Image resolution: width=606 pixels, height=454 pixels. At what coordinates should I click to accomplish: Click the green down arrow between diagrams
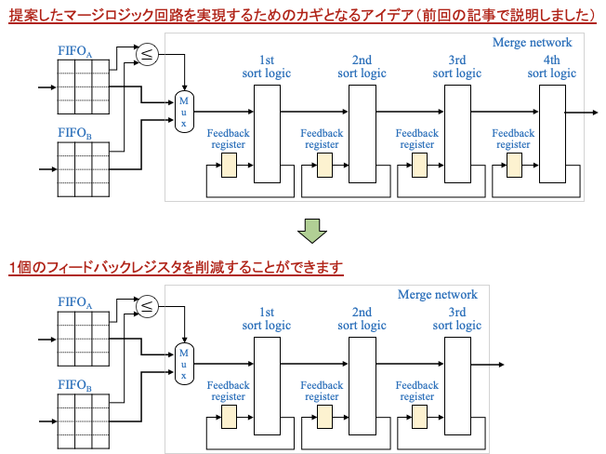[312, 231]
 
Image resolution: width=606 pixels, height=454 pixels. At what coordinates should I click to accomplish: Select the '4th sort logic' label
[551, 67]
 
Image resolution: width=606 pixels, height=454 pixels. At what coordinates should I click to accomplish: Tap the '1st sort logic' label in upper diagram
[266, 67]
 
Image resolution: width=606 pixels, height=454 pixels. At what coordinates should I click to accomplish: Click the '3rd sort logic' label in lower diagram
[456, 319]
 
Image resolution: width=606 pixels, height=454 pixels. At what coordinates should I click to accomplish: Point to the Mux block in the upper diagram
[184, 112]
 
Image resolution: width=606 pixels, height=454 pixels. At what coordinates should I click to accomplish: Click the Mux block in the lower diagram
[184, 364]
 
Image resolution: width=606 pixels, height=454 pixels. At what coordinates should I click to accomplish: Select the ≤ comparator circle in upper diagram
[147, 55]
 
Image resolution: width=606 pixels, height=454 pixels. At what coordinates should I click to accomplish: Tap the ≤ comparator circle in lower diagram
[147, 306]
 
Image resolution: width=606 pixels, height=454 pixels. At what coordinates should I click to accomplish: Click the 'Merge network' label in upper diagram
[532, 43]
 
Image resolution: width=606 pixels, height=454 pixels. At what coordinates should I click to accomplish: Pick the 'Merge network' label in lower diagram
[437, 295]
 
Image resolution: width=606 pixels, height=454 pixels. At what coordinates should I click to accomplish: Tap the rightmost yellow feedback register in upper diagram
[514, 166]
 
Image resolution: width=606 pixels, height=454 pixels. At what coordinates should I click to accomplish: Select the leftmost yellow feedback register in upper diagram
[229, 166]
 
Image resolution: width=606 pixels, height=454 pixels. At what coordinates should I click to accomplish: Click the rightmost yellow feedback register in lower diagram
[419, 417]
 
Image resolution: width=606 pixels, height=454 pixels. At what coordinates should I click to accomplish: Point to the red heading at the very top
[302, 16]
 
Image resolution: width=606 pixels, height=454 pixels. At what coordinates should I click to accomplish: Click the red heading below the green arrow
[176, 268]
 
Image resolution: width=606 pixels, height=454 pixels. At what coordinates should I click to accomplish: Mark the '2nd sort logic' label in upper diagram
[362, 67]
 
